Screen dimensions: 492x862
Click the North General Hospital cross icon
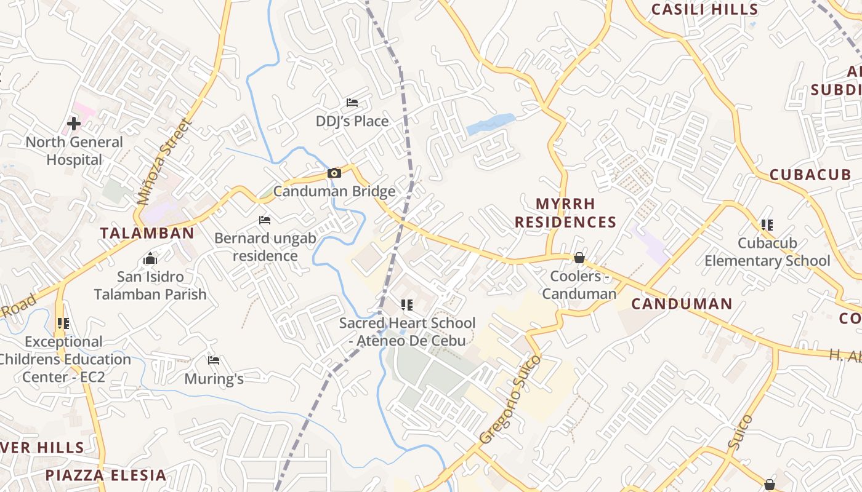[x=74, y=124]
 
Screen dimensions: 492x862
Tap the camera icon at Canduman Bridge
[x=334, y=173]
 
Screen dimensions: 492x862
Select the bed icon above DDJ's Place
[x=352, y=102]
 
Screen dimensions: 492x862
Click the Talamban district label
[x=147, y=233]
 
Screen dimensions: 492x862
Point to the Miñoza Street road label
[x=164, y=162]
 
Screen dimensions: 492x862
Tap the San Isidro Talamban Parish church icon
[x=150, y=259]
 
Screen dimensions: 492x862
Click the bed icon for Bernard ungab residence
[x=265, y=220]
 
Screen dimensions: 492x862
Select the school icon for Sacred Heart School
[x=406, y=305]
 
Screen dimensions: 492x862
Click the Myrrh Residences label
[x=565, y=213]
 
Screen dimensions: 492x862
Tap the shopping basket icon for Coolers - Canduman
[x=579, y=258]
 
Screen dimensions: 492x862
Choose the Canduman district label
[x=682, y=304]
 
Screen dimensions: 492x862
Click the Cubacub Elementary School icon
[x=767, y=225]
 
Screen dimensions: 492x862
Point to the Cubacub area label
[x=810, y=175]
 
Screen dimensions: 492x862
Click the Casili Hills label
[x=704, y=9]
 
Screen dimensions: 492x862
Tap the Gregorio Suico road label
[x=510, y=399]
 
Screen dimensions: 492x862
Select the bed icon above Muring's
[x=214, y=360]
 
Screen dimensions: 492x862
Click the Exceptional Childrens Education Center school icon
[x=63, y=323]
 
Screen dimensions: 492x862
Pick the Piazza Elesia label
[x=105, y=475]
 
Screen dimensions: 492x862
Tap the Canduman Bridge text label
[x=334, y=191]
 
